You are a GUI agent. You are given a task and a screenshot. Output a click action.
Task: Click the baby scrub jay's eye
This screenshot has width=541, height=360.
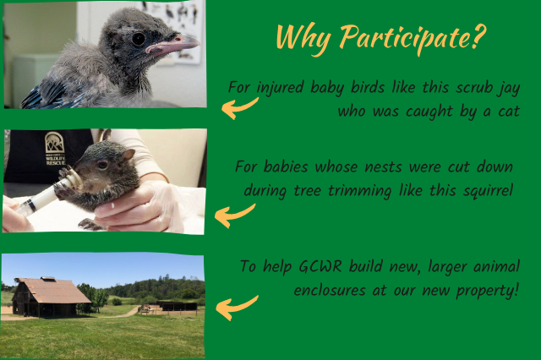point(139,39)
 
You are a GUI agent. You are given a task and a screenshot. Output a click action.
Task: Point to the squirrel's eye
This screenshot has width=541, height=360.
point(102,165)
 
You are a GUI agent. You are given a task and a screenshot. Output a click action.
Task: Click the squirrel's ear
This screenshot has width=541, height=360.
point(128,154)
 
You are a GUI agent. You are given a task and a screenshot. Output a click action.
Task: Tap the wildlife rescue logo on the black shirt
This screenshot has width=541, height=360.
point(54,148)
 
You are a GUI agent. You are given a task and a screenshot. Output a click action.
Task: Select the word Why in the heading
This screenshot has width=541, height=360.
point(303,37)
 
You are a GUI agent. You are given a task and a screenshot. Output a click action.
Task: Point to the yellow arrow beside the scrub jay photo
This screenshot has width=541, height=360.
point(238,107)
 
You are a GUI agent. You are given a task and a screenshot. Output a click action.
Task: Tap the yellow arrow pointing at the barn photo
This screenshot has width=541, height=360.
point(236,308)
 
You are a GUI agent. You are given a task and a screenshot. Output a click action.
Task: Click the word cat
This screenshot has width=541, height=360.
point(509,112)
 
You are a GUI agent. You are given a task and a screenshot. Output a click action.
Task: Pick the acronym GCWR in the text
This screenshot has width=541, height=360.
point(320,266)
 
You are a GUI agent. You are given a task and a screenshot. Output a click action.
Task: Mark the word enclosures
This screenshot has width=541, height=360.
point(330,291)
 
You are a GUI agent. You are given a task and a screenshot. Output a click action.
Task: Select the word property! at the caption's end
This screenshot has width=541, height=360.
point(487,292)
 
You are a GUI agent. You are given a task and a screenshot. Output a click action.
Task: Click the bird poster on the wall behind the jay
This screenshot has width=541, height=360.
point(175,32)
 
